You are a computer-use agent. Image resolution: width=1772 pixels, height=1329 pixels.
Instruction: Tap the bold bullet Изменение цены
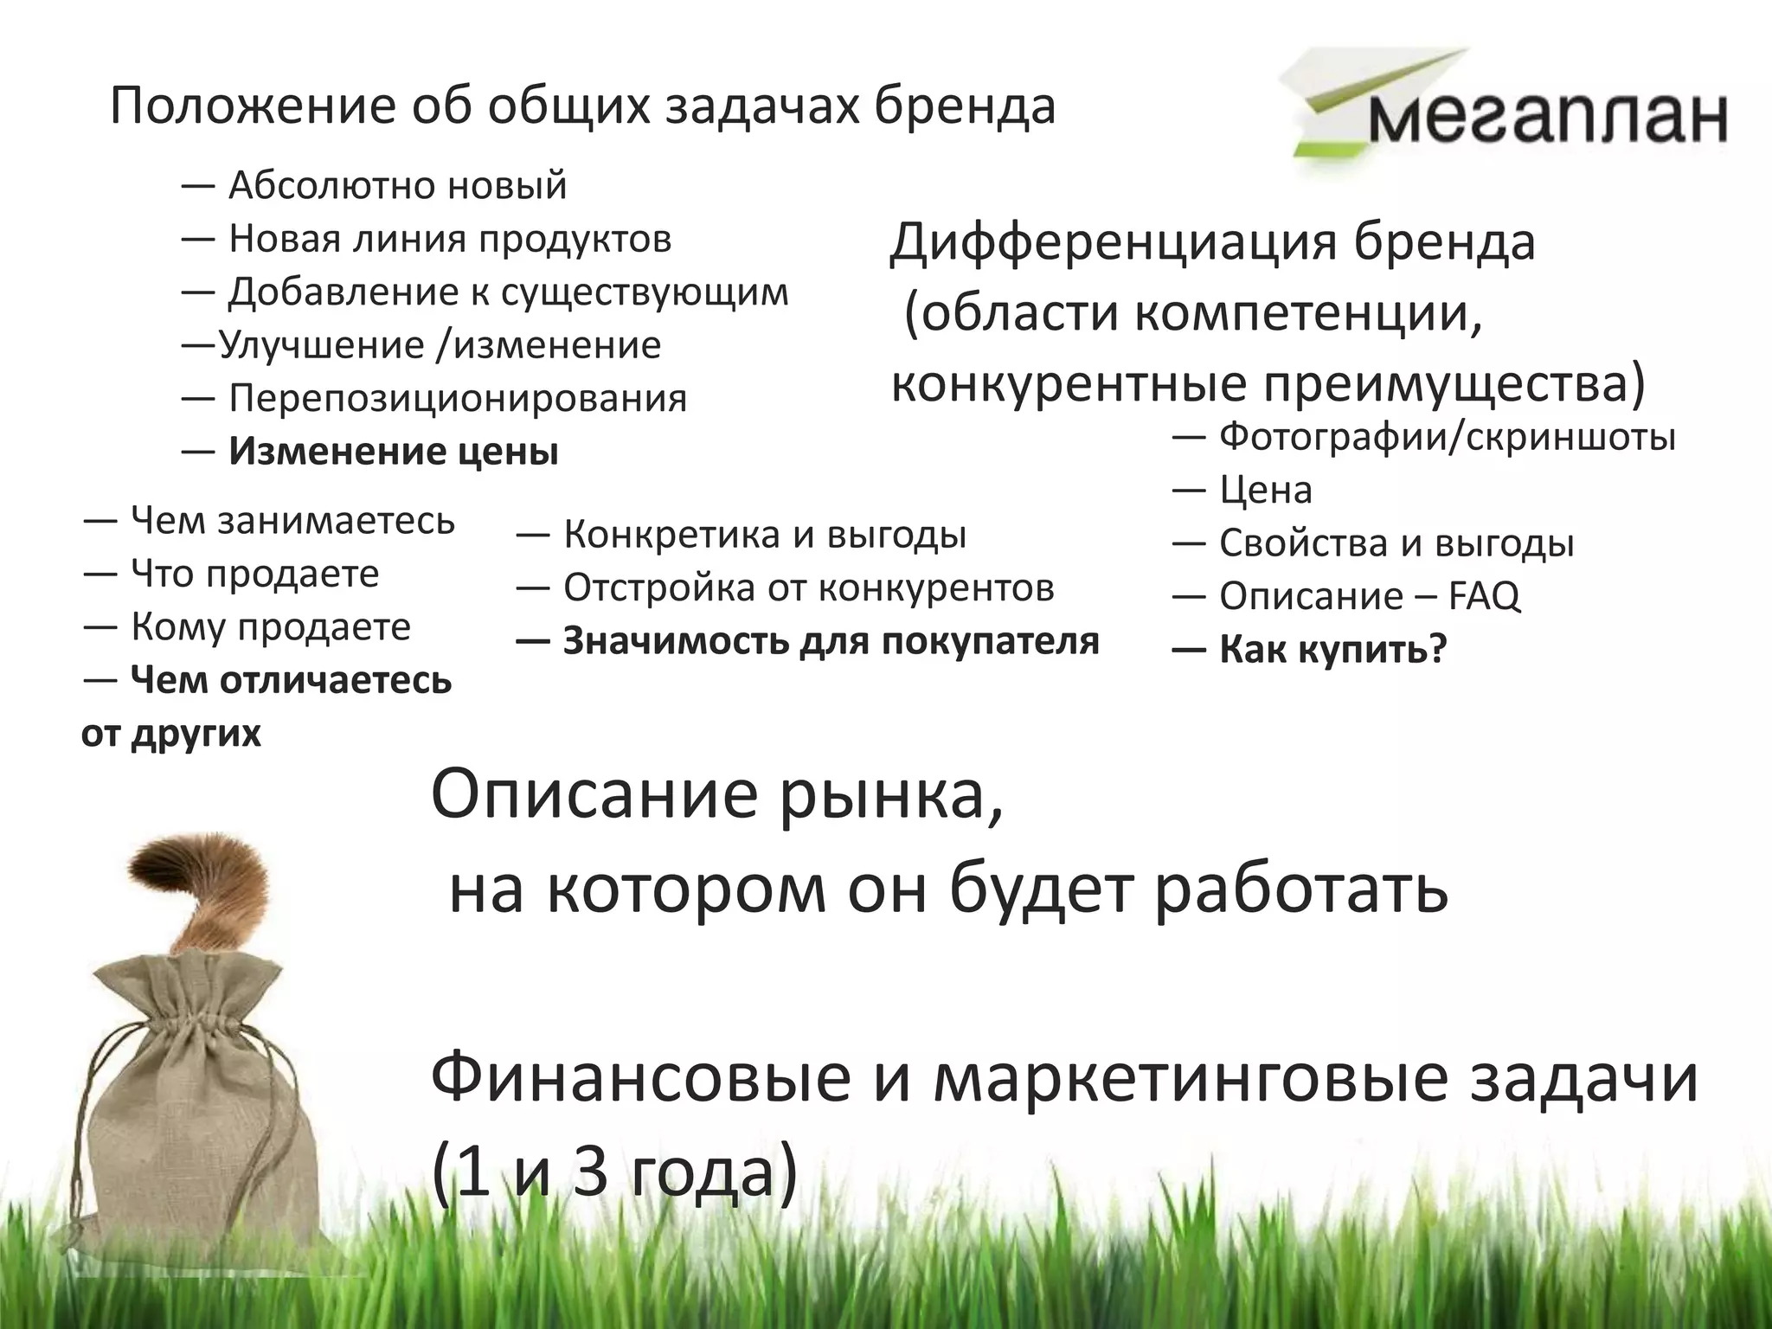click(x=394, y=452)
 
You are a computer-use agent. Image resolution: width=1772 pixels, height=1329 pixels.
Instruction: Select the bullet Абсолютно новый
click(x=397, y=185)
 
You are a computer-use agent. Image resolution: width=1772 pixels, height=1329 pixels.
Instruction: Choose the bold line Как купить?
click(x=1332, y=650)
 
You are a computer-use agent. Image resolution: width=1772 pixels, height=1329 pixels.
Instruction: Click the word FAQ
click(x=1484, y=596)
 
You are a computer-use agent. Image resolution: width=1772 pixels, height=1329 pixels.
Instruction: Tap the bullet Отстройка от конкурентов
click(x=808, y=588)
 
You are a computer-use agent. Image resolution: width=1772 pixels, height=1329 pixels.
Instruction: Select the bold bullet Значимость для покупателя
click(x=831, y=642)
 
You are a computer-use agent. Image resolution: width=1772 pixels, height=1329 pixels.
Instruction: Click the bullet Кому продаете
click(x=270, y=626)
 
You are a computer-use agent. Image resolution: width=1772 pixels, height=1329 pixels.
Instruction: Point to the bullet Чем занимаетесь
click(x=292, y=521)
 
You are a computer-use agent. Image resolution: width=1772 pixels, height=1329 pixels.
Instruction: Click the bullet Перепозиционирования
click(x=457, y=398)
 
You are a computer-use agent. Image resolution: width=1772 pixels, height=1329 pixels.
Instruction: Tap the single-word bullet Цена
click(x=1265, y=491)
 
